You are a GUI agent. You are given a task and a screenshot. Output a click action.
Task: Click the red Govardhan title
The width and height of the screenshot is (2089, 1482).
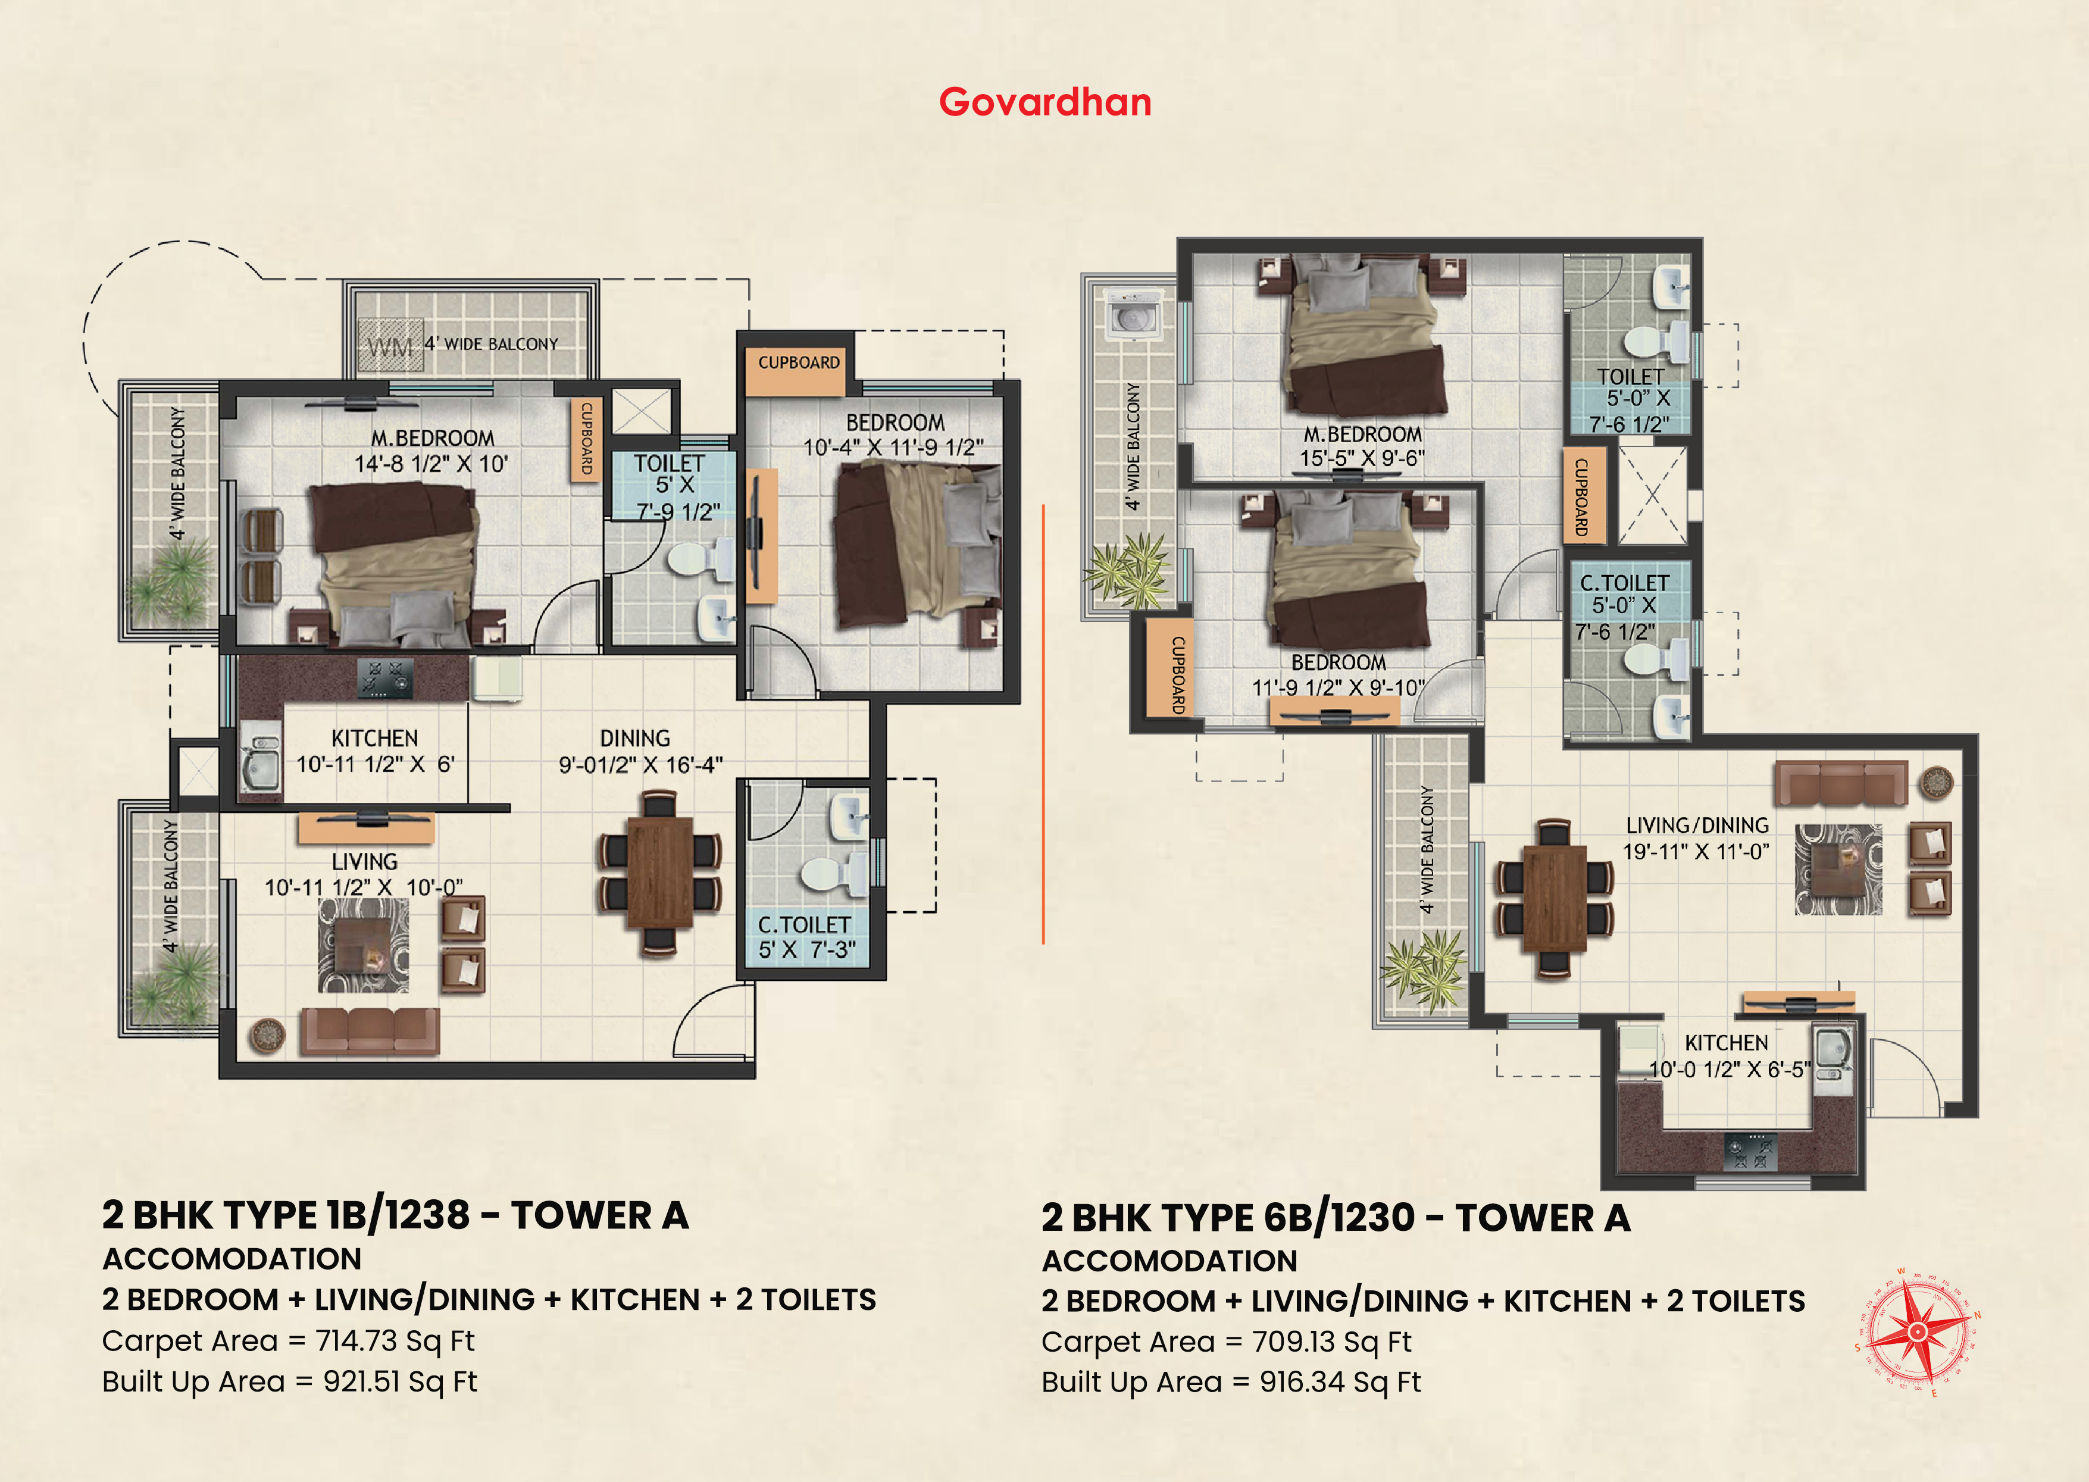(1045, 102)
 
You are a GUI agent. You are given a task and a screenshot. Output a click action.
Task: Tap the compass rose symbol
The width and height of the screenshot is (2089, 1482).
(1918, 1333)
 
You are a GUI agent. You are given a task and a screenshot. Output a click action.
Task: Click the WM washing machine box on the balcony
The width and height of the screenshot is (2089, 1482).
(390, 345)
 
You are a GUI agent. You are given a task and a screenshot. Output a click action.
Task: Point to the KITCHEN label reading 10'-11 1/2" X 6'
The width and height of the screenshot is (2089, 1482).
(375, 751)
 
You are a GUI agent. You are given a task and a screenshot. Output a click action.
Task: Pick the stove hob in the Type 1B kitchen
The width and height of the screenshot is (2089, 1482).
(385, 678)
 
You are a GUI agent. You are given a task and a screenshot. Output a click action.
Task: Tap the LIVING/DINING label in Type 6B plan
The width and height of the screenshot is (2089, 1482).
(1697, 825)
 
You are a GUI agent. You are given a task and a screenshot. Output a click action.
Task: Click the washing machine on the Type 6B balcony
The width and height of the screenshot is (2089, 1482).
(1131, 316)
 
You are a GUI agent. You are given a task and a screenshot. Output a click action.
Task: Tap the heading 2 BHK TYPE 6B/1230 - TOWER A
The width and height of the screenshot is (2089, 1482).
(1336, 1218)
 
